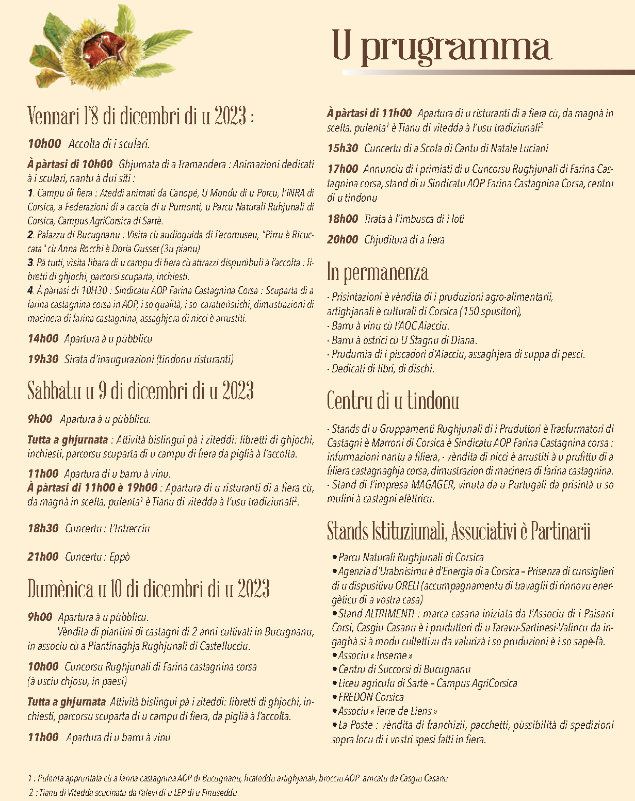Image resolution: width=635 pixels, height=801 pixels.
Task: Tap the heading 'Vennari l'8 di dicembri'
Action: [x=140, y=117]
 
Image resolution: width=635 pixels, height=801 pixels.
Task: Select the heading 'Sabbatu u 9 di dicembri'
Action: [x=140, y=391]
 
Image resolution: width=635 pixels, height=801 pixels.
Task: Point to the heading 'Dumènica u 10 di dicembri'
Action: [x=149, y=589]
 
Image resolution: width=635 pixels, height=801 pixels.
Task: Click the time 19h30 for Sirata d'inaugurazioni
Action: [x=43, y=359]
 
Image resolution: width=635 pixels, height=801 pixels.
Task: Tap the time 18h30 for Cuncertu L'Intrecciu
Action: [x=43, y=528]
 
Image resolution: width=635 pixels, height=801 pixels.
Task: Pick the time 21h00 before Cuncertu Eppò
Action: [x=43, y=557]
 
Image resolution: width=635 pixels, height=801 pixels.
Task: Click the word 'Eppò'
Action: [x=120, y=557]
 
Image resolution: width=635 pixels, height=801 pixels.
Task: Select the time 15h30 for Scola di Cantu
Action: [x=343, y=149]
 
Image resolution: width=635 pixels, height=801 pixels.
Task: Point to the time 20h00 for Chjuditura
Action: [x=343, y=239]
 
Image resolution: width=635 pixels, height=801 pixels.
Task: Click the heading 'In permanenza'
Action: [x=378, y=272]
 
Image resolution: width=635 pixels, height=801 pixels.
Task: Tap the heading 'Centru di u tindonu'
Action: [x=393, y=401]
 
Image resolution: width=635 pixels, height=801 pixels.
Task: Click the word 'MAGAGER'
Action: [x=433, y=485]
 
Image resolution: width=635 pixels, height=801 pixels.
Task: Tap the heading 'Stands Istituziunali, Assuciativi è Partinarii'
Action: [x=459, y=532]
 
